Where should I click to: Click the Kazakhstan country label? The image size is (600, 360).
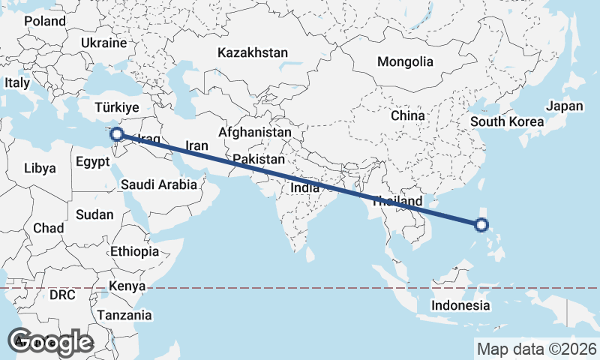point(253,53)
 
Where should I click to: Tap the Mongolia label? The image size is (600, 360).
point(405,61)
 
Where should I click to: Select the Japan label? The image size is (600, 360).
point(564,106)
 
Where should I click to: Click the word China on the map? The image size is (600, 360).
point(408,116)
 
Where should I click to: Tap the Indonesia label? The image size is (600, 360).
point(460,305)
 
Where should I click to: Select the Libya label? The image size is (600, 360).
point(40,168)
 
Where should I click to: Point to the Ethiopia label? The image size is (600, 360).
point(134,251)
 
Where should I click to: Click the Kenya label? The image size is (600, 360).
point(127,286)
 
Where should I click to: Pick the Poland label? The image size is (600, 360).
point(45,21)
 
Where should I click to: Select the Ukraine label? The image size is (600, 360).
point(104,43)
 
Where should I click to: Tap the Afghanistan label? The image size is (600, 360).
point(254,132)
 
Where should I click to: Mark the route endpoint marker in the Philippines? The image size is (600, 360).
point(481,224)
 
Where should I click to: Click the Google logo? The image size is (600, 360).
point(50,342)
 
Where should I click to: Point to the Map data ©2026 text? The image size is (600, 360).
point(536,349)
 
